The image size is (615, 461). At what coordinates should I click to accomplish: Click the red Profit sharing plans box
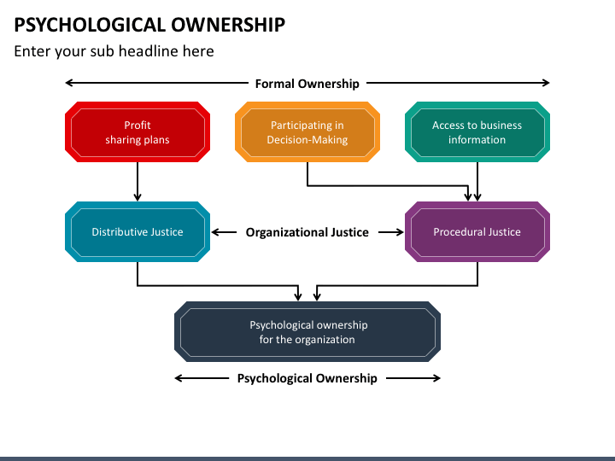coord(138,132)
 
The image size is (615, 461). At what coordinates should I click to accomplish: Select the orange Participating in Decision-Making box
coord(307,132)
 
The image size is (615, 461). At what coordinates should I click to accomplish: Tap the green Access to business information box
coord(477,132)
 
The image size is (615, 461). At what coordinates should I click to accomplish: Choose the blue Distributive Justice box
coord(138,231)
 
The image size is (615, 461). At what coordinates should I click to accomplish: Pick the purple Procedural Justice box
coord(477,231)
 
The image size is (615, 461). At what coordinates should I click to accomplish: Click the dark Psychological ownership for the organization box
coord(307,331)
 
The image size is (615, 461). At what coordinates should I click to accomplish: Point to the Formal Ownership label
coord(307,84)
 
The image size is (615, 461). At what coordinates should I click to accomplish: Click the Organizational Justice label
coord(307,232)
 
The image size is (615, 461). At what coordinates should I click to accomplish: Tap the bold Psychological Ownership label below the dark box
coord(307,378)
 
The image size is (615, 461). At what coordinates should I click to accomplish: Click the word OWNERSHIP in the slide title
coord(228,25)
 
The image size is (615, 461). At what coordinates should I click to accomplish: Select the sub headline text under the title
coord(114,51)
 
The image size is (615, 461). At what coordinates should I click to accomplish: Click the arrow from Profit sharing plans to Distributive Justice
coord(138,182)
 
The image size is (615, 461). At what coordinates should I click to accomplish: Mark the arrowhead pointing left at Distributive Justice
coord(215,232)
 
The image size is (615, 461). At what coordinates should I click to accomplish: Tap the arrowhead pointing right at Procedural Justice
coord(400,232)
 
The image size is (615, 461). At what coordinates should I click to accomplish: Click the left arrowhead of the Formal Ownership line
coord(69,83)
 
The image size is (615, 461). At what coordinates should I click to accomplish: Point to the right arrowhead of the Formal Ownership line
coord(546,83)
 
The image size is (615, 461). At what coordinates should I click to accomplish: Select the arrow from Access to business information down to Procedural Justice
coord(477,182)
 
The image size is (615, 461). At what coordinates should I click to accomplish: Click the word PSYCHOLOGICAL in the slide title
coord(90,25)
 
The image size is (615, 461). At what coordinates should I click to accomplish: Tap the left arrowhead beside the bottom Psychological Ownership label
coord(179,378)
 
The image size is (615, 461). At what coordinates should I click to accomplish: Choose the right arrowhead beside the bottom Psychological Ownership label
coord(436,378)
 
